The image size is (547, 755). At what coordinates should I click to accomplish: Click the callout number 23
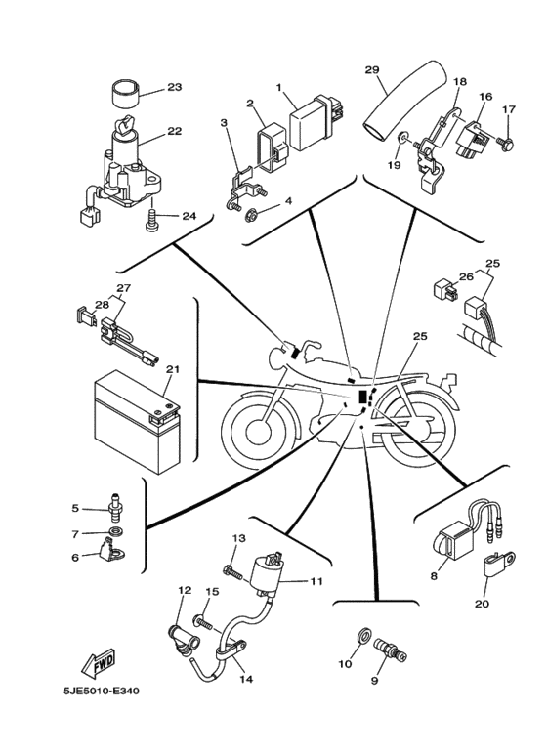(x=175, y=87)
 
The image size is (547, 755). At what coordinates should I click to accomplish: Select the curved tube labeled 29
(x=397, y=104)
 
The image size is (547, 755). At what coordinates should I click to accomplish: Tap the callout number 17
(x=507, y=109)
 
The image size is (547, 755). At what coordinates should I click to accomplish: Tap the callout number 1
(x=279, y=87)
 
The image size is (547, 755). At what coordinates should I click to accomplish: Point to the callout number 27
(x=124, y=288)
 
